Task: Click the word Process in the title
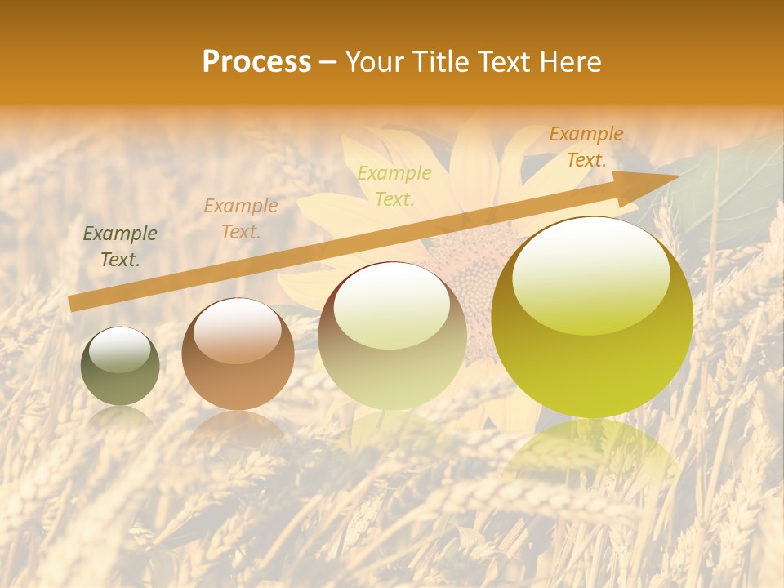[256, 62]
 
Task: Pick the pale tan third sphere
[393, 336]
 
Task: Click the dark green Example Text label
[120, 247]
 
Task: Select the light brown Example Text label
[240, 219]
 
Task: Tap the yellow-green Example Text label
[394, 185]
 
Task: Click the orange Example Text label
[586, 147]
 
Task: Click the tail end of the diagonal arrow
[73, 304]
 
